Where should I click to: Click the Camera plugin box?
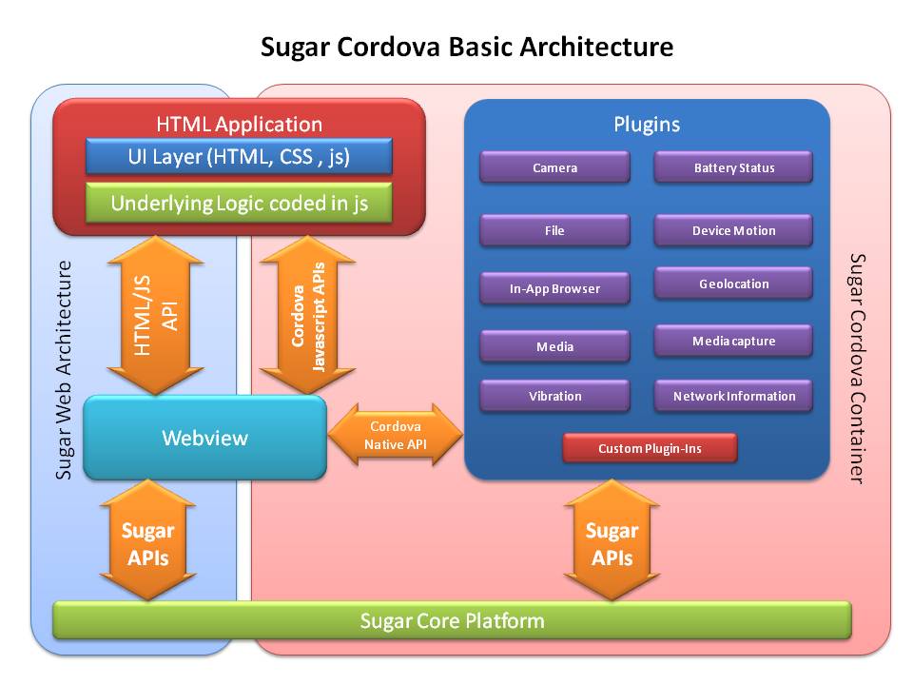554,167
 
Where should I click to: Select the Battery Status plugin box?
733,167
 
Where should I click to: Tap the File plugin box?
554,230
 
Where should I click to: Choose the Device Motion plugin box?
733,230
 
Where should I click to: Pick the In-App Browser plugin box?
554,288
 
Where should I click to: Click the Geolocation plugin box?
733,284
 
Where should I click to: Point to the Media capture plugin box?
733,341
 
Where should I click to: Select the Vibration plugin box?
554,396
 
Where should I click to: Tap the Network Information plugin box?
733,396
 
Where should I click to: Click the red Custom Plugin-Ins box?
650,448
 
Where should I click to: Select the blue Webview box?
204,438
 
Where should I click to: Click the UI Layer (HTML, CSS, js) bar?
239,157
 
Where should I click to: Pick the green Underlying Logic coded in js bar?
239,203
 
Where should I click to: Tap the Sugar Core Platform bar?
452,621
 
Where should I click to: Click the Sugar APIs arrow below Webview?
147,542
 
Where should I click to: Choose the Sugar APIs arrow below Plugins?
612,542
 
